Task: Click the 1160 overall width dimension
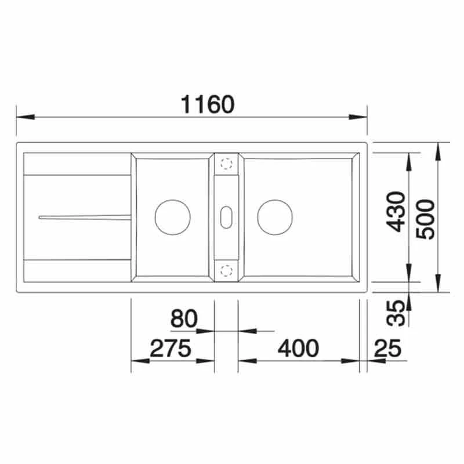coord(208,104)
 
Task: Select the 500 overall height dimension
coord(426,219)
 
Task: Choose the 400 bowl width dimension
coord(298,348)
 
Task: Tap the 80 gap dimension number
coord(184,318)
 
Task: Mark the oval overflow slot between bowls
coord(226,216)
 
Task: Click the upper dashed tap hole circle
coord(226,164)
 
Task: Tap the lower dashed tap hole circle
coord(226,269)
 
